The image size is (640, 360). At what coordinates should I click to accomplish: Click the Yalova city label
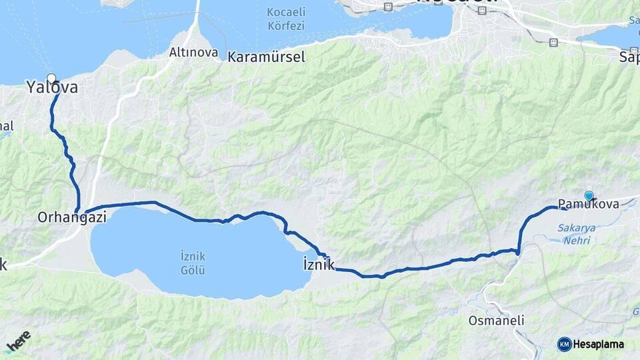point(51,87)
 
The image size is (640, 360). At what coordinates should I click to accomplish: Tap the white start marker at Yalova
point(51,78)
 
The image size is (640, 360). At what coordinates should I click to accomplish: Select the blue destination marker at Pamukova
point(589,195)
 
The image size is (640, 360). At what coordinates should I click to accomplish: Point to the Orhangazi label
point(72,217)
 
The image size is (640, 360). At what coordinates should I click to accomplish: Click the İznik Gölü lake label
point(192,263)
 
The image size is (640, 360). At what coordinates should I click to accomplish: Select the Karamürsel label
point(266,57)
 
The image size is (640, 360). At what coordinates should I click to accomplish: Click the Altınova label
point(194,52)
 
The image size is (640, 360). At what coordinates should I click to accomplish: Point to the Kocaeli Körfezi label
point(285,19)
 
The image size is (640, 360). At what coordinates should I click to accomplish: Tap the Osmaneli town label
point(496,321)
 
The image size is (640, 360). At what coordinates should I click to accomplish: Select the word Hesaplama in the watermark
point(599,344)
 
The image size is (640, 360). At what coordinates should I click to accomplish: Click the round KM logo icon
point(565,344)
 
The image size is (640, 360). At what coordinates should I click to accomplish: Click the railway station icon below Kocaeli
point(553,43)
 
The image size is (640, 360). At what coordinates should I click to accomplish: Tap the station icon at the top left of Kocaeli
point(389,7)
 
